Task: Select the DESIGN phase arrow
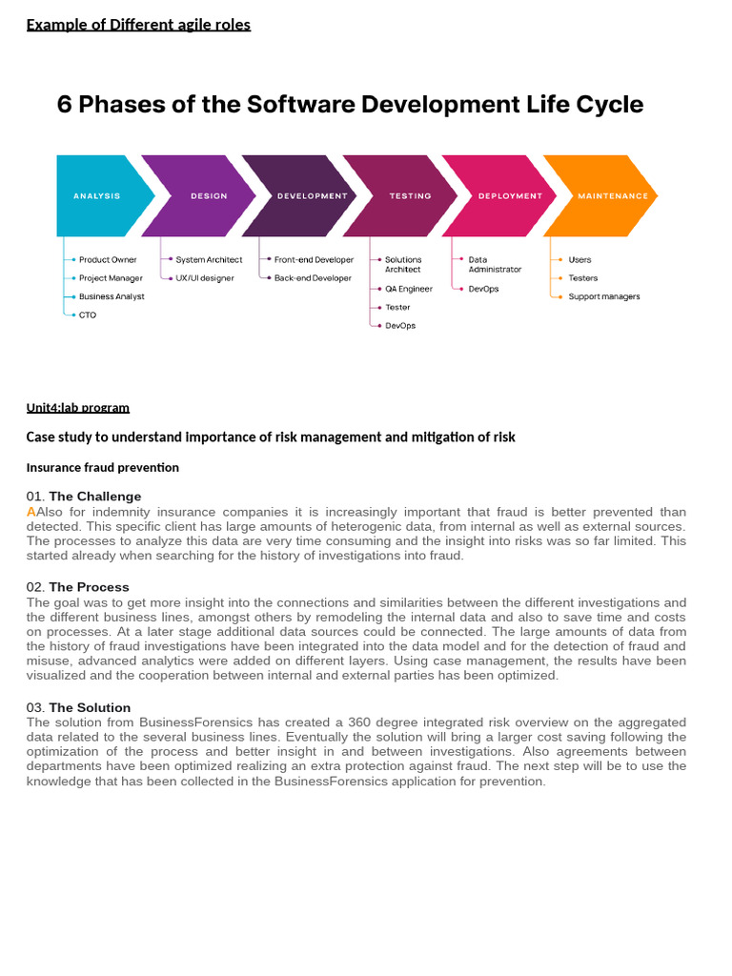(x=205, y=195)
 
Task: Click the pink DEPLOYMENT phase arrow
(x=507, y=195)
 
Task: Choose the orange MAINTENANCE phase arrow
(x=608, y=195)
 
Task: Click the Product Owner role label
(x=108, y=259)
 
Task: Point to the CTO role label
(x=88, y=315)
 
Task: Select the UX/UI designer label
(x=205, y=278)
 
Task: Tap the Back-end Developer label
(x=313, y=278)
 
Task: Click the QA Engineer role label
(x=409, y=289)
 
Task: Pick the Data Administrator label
(x=495, y=264)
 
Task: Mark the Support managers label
(x=604, y=296)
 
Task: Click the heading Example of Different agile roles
(x=138, y=25)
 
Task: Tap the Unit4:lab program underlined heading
(x=78, y=408)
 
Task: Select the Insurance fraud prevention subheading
(x=103, y=468)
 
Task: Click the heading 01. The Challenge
(x=84, y=497)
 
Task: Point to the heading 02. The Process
(x=78, y=587)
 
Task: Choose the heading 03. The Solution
(x=79, y=707)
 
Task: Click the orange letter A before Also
(x=31, y=512)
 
